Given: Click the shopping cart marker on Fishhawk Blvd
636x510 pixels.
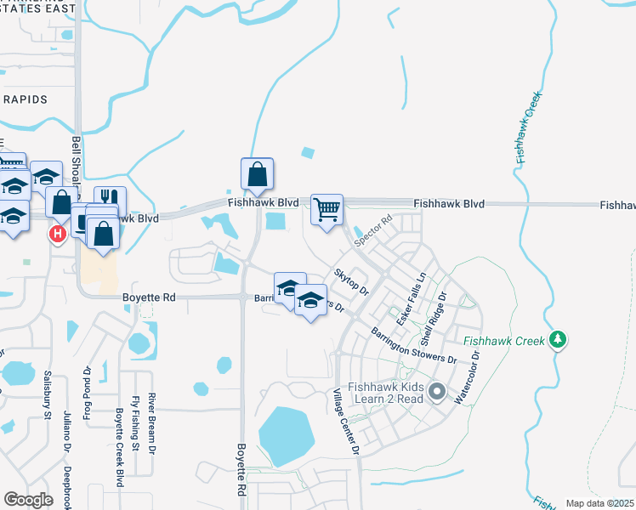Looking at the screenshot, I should click(327, 209).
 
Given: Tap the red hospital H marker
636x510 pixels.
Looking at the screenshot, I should click(58, 233).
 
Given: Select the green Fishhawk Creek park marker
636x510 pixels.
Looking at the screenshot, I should click(558, 340).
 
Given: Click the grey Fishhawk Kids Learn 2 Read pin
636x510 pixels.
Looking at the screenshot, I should click(437, 392).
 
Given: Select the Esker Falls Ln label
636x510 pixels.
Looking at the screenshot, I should click(408, 297).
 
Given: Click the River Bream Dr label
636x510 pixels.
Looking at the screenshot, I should click(152, 422).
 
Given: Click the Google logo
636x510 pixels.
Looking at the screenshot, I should click(28, 500).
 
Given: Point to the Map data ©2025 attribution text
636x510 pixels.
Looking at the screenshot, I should click(599, 503).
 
